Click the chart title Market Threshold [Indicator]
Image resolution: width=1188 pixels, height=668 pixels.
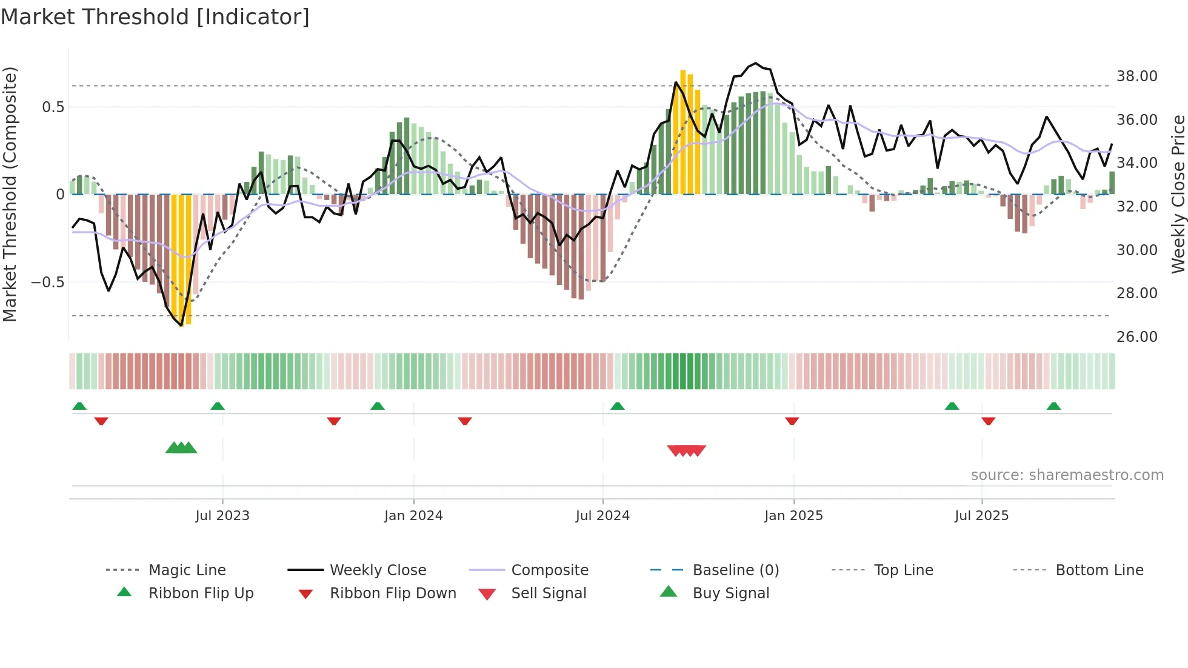(x=155, y=17)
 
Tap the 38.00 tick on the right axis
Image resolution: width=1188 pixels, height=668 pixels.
(x=1136, y=76)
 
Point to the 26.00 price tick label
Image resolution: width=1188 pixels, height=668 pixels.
(x=1136, y=337)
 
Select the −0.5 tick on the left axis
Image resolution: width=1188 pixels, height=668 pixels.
(x=47, y=282)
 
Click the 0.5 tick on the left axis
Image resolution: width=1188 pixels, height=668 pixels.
(x=53, y=107)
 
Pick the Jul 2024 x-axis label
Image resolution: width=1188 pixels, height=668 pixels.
(x=602, y=516)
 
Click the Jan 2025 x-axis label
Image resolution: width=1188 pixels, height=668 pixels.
(x=793, y=516)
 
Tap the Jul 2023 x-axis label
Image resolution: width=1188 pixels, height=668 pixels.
(x=222, y=516)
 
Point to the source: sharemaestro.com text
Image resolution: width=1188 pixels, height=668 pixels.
(x=1067, y=475)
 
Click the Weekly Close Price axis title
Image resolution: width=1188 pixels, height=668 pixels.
(x=1178, y=194)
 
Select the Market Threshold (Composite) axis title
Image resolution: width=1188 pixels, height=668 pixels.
(x=10, y=194)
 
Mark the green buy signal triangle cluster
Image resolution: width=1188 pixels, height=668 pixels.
(x=181, y=448)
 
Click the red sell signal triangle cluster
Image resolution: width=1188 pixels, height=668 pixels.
(x=686, y=450)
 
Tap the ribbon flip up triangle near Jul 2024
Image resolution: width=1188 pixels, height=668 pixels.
(x=617, y=406)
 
